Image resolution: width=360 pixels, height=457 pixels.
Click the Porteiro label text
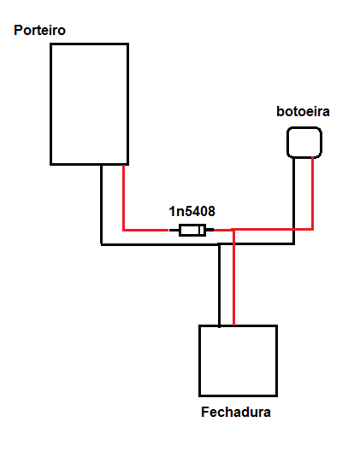[39, 30]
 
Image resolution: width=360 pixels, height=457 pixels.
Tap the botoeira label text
[303, 112]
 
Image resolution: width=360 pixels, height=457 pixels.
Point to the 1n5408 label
[192, 211]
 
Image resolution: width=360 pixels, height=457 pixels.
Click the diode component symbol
[192, 231]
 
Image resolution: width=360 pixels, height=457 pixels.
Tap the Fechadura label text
[236, 412]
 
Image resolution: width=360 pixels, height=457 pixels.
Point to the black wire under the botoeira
[294, 201]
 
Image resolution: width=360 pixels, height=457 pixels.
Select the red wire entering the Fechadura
[234, 277]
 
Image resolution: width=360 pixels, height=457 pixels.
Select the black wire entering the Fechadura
[220, 285]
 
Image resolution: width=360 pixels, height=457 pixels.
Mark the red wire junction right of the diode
[234, 230]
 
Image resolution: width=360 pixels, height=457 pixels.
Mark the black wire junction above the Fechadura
[220, 244]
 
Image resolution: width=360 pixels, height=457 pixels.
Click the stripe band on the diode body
[201, 231]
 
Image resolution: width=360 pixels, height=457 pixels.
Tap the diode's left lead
[174, 231]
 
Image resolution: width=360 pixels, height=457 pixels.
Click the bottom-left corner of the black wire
[102, 244]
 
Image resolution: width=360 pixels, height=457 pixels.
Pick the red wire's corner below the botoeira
[313, 230]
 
